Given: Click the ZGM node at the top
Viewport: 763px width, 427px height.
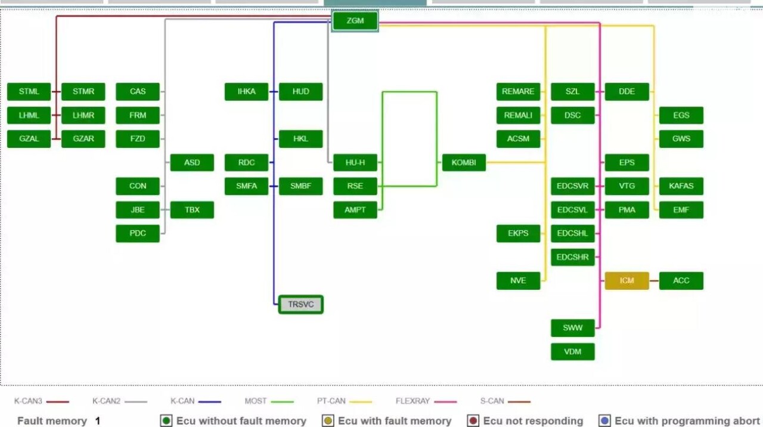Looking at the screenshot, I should [x=355, y=21].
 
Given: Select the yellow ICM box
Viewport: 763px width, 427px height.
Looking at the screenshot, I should [x=626, y=281].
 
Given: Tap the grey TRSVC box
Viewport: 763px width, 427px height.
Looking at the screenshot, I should [x=300, y=305].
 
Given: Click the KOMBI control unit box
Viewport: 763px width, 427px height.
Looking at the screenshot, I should [x=464, y=163].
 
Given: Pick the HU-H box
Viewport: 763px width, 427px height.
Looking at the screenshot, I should [x=355, y=163].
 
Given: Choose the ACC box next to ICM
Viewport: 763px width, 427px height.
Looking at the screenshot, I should [x=681, y=281].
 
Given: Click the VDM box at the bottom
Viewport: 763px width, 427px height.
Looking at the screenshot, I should [x=572, y=352].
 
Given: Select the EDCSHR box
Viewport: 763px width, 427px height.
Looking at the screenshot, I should [x=572, y=258].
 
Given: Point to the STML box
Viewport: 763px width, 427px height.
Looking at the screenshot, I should [x=29, y=92].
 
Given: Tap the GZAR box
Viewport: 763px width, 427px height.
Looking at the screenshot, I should [x=83, y=139].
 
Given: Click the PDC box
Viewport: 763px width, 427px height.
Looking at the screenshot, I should [x=138, y=234].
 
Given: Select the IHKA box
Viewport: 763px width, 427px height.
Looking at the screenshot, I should [x=246, y=92].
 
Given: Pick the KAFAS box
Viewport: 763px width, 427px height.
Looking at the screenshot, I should [x=681, y=186].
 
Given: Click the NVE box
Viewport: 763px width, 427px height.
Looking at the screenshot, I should [x=518, y=281].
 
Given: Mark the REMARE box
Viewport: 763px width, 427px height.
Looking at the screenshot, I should [x=518, y=92].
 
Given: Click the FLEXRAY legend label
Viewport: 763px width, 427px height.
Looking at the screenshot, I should [x=412, y=401].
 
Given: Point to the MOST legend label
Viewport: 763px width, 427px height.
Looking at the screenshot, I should [x=256, y=401].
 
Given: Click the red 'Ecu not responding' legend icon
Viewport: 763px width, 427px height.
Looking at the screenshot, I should [x=473, y=421].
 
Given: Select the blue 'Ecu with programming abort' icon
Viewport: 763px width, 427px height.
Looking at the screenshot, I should [x=605, y=421].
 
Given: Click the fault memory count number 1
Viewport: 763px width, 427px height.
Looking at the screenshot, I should [x=98, y=421].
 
